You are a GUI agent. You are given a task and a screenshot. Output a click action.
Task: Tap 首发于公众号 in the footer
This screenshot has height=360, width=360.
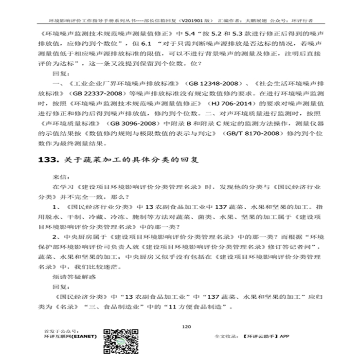59,330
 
